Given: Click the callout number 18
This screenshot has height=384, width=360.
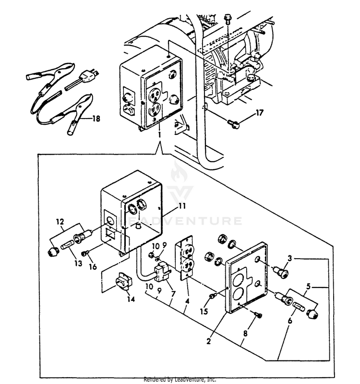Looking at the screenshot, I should point(96,119).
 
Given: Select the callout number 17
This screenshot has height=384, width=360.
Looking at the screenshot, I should point(259,113).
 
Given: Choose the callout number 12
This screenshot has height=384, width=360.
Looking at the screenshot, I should point(60,222).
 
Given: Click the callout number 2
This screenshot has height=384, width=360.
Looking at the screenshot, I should point(208,342).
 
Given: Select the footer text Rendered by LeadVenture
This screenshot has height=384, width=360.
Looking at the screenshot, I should point(180,379).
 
